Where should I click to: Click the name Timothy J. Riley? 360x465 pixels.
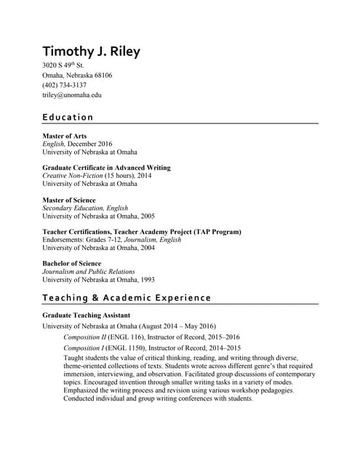91,52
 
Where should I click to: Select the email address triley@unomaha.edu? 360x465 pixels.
72,95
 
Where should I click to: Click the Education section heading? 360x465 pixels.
68,117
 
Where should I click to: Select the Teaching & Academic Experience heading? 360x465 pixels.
127,298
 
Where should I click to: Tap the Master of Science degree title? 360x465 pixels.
69,200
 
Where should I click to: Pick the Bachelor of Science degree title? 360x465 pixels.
72,263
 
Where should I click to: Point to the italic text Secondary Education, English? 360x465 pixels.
85,208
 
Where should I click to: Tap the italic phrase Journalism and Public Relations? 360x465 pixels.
89,271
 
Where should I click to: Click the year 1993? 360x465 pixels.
145,280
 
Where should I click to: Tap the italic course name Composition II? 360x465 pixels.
85,337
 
